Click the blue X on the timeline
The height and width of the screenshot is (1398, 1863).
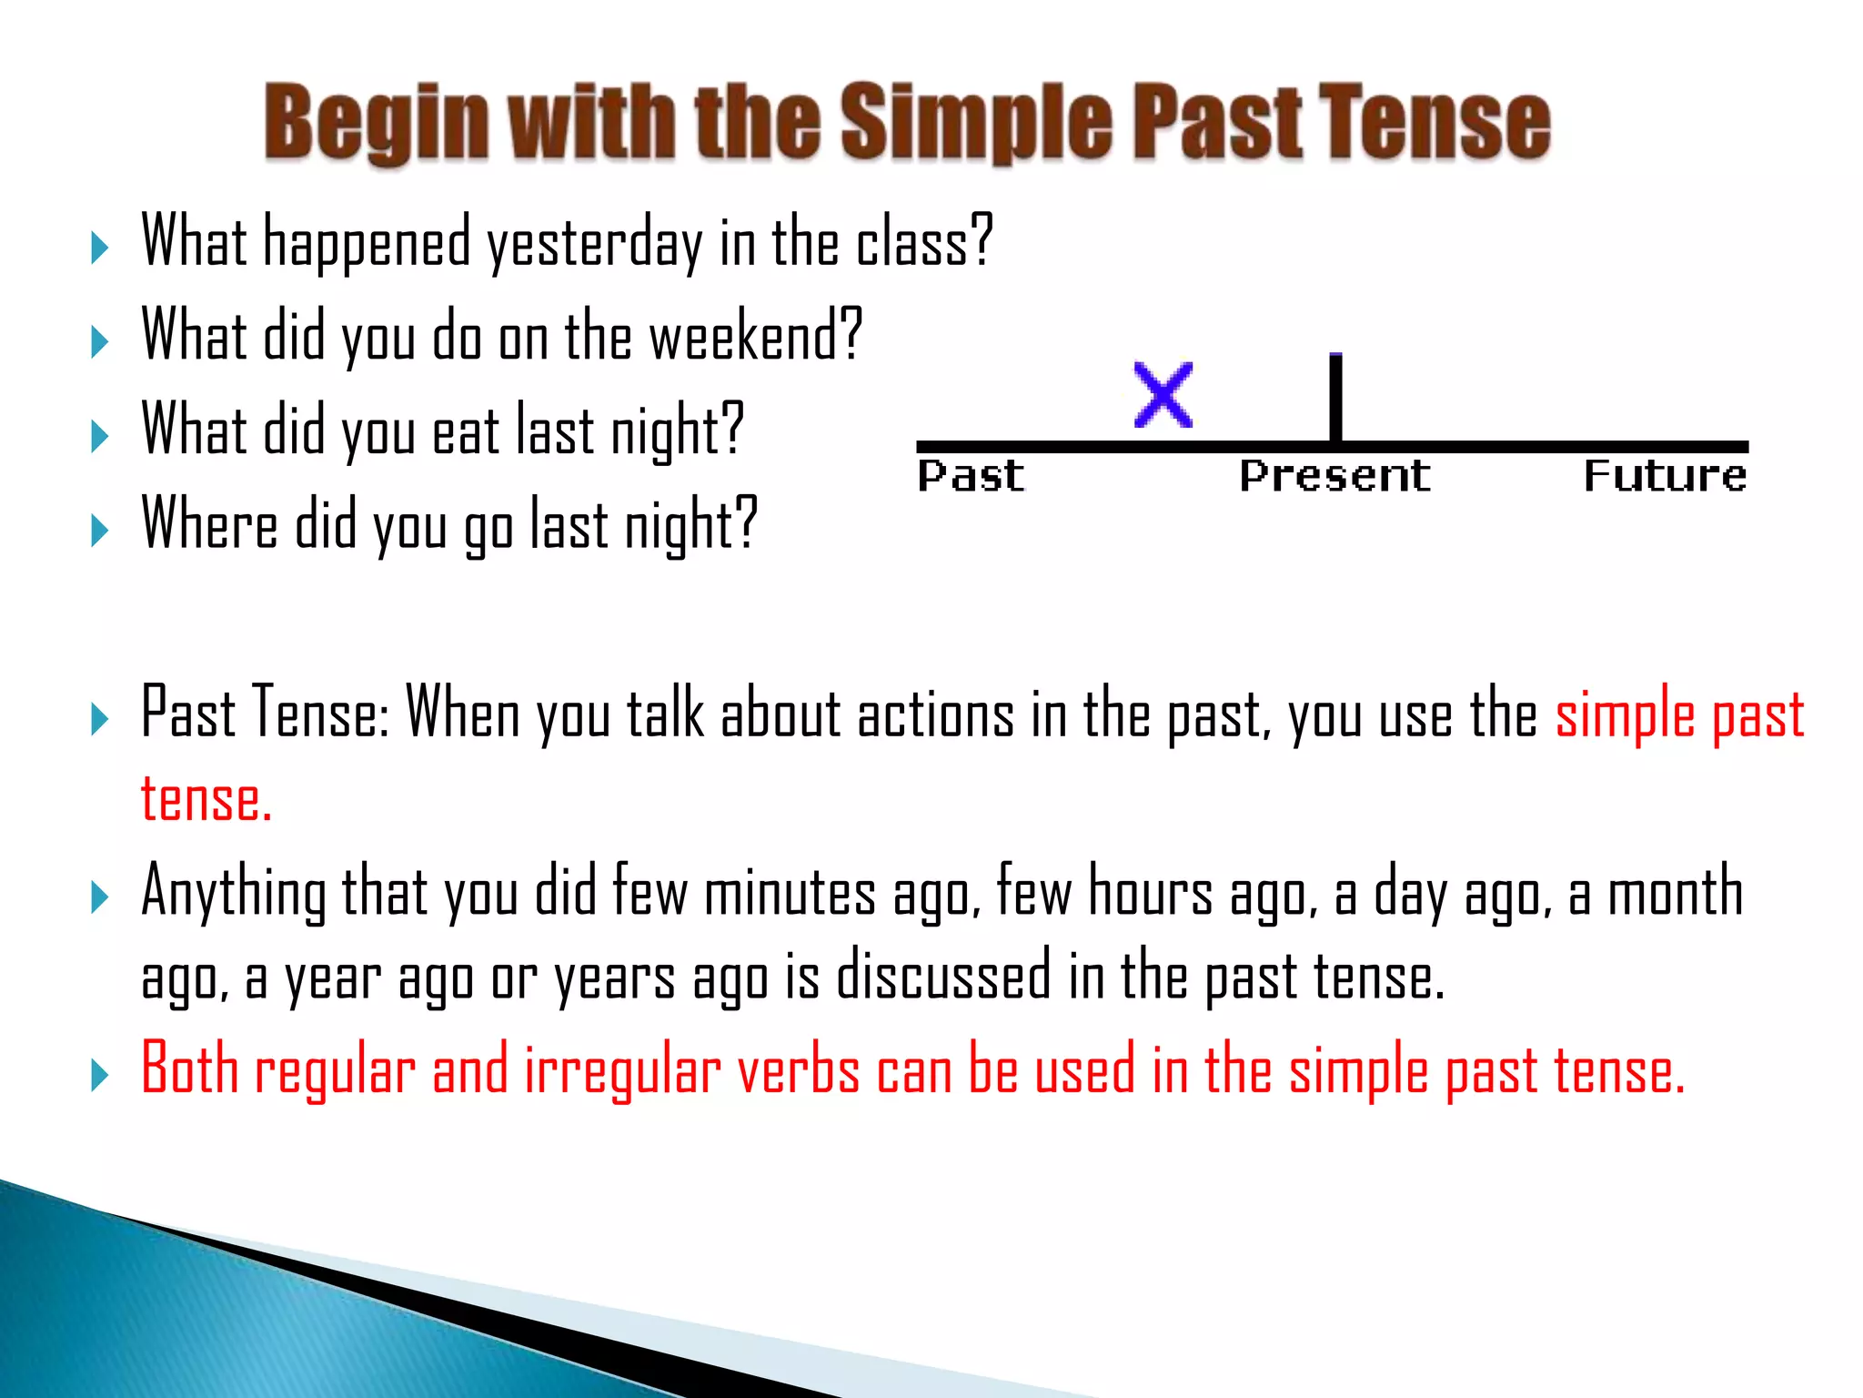tap(1163, 395)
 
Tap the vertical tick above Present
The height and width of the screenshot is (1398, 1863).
tap(1335, 397)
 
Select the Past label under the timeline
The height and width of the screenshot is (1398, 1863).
tap(971, 476)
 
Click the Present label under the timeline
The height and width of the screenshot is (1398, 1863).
tap(1334, 476)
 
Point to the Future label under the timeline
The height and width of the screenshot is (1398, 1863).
tap(1665, 476)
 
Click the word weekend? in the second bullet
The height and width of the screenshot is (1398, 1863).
tap(755, 336)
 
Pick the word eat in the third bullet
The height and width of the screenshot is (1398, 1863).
tap(466, 431)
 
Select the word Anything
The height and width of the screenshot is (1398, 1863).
tap(234, 892)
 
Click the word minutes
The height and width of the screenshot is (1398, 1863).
tap(790, 892)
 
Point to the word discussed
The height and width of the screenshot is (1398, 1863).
tap(943, 977)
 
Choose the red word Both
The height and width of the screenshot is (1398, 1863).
tap(189, 1069)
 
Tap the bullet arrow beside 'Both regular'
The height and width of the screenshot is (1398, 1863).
tap(100, 1075)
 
